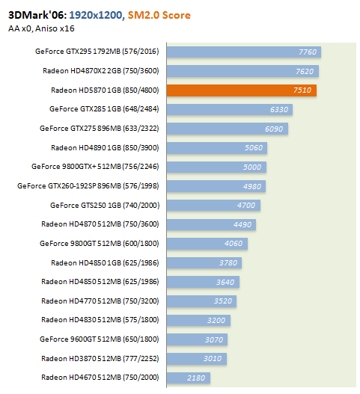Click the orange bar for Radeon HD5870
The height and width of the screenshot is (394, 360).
(242, 90)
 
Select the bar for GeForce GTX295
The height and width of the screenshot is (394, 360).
(244, 52)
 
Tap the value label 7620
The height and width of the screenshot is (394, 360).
(305, 71)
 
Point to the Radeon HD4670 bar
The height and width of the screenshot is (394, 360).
(189, 378)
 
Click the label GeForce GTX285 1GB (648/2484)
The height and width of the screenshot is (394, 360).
(104, 109)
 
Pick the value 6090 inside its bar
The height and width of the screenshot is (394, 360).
(274, 129)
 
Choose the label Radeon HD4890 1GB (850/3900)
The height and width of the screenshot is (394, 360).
(105, 148)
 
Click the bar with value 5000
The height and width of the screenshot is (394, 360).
(216, 167)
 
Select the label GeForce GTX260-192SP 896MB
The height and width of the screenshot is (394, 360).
(69, 186)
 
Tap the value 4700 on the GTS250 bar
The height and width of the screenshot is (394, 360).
(246, 206)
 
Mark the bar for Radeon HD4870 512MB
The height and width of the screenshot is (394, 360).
(211, 224)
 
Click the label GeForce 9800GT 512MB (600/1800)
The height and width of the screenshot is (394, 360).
(100, 244)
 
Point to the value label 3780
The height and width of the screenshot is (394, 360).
(228, 263)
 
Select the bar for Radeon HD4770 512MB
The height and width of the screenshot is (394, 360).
(201, 301)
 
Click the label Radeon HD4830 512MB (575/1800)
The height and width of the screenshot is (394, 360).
(100, 320)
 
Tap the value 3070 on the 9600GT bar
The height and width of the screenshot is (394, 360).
(214, 339)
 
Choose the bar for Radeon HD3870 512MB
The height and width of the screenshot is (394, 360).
(197, 359)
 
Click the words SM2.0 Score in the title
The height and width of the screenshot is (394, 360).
(159, 15)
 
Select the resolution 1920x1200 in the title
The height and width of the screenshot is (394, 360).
(96, 15)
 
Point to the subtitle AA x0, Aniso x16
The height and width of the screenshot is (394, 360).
(41, 28)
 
